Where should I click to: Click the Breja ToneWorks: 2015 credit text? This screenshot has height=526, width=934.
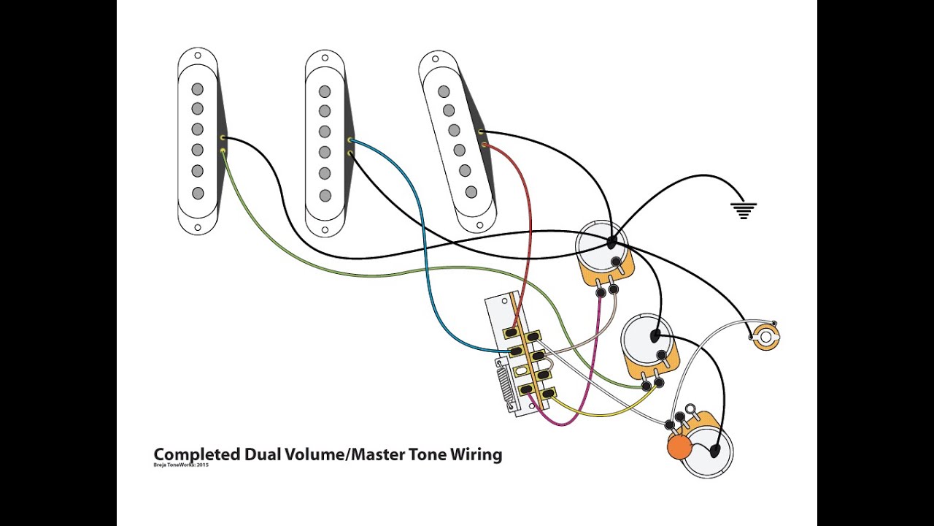point(180,465)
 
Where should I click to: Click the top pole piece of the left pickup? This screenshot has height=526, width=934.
point(197,89)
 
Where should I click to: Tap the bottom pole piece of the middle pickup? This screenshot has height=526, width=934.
point(325,195)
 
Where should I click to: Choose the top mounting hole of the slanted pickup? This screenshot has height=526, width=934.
point(436,58)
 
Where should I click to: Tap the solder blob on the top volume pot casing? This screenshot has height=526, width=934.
point(611,242)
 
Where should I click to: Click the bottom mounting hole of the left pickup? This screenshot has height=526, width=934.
point(197,227)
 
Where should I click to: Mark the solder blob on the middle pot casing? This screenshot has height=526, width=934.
point(655,336)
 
